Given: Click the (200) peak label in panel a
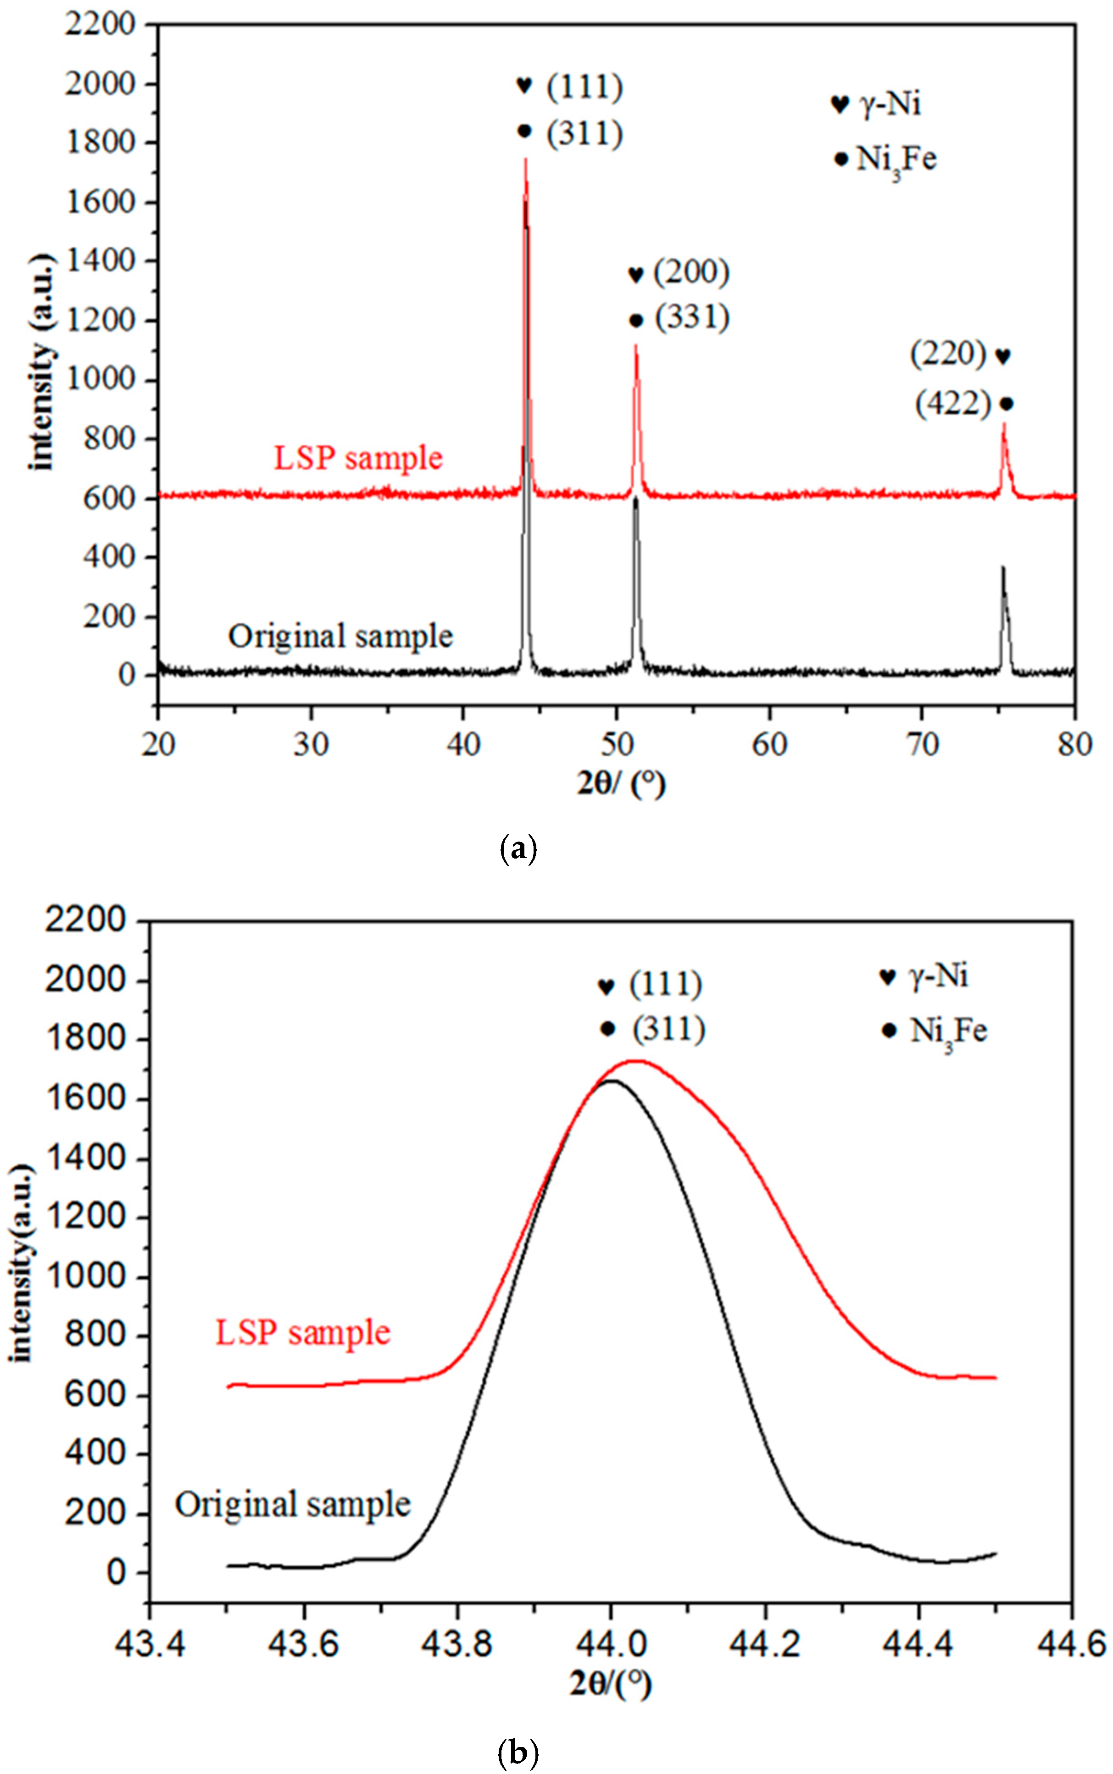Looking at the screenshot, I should click(x=691, y=272).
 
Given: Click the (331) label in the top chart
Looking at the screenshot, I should click(x=692, y=318).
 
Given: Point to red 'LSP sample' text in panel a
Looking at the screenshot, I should click(x=358, y=458).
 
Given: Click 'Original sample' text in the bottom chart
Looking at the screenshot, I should click(x=292, y=1505).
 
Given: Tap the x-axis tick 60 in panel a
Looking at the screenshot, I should click(x=769, y=745).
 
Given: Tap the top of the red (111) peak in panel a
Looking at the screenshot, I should click(x=526, y=160).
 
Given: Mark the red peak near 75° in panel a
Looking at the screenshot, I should click(x=1003, y=425).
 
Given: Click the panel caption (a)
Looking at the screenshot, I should click(x=518, y=848).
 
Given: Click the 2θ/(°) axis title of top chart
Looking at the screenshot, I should click(x=621, y=784).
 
